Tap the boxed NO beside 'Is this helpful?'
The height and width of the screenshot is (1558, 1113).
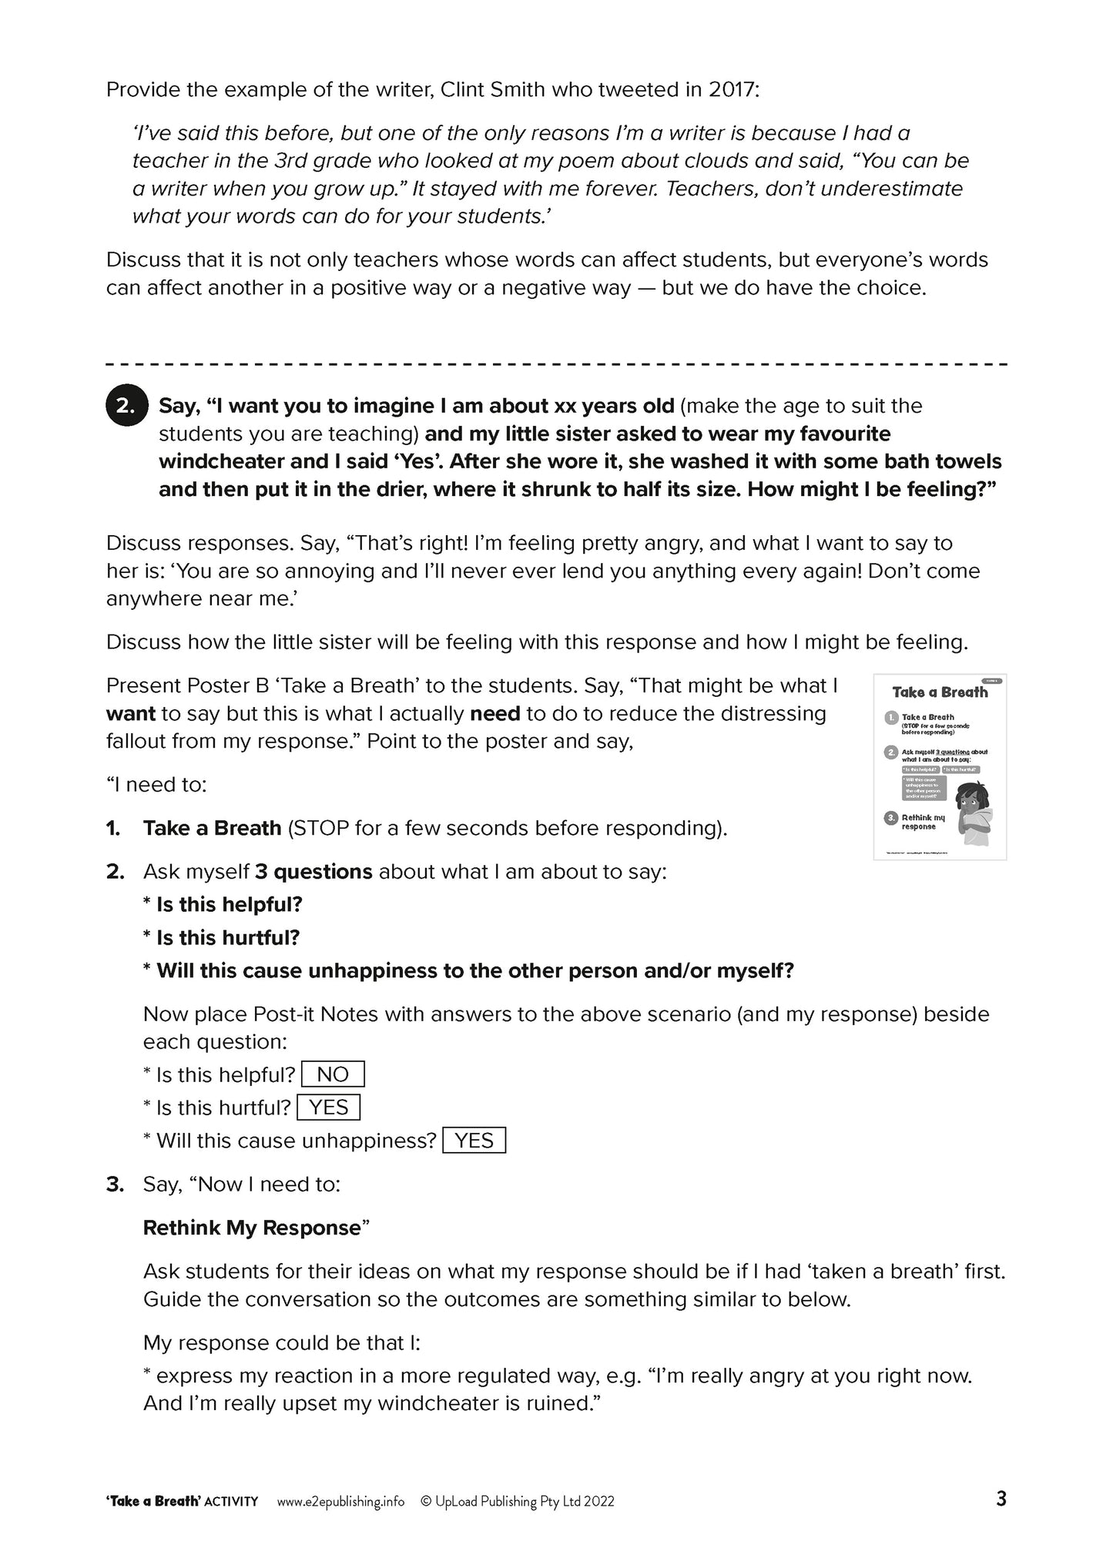[333, 1074]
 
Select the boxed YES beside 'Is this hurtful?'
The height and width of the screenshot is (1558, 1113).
[328, 1107]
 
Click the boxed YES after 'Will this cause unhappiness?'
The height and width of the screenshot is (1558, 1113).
[474, 1141]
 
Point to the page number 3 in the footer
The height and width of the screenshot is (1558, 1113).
[1001, 1499]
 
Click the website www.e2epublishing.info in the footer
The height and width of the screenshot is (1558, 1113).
[340, 1501]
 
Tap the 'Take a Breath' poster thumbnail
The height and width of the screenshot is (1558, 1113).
[940, 767]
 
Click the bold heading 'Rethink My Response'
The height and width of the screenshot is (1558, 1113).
[252, 1228]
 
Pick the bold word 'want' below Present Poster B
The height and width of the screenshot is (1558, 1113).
[131, 714]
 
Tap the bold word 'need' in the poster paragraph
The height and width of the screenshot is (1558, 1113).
[494, 714]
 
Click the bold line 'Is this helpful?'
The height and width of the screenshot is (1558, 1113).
[229, 905]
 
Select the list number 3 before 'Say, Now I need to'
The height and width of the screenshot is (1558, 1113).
[115, 1184]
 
